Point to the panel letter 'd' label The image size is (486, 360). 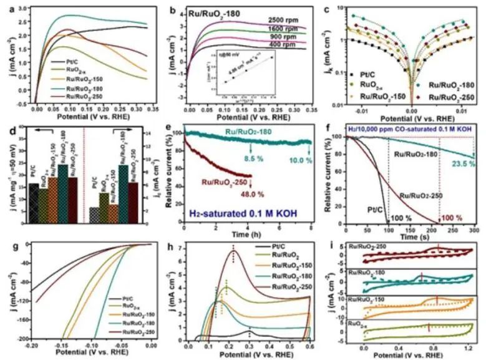pos(9,130)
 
